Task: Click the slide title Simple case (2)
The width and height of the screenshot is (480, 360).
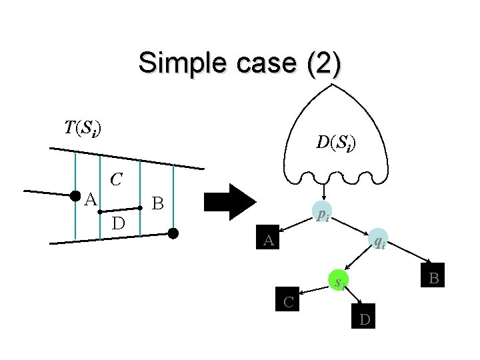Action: (x=240, y=63)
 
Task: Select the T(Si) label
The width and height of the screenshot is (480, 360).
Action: (x=83, y=127)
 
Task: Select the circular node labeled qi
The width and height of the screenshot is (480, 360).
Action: (x=377, y=241)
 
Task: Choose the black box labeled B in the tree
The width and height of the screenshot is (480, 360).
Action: (x=433, y=277)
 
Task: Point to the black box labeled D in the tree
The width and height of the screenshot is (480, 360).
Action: (x=365, y=319)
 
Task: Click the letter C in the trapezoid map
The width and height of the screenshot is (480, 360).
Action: (x=117, y=179)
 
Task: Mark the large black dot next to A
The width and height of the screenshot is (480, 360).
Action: (x=75, y=195)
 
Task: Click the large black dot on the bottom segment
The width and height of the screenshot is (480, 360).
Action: (x=173, y=233)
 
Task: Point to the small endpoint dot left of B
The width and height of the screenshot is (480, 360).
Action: (x=141, y=208)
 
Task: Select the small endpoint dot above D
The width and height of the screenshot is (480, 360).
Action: (x=99, y=211)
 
